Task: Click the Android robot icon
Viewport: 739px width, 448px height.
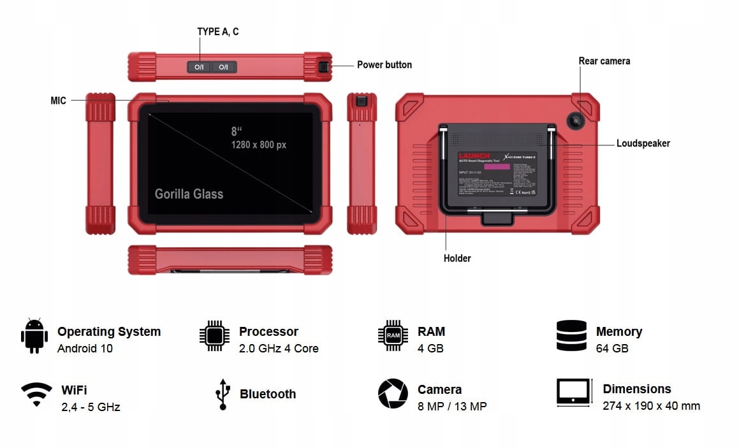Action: pyautogui.click(x=34, y=335)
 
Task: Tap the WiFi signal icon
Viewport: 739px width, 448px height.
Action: pyautogui.click(x=36, y=394)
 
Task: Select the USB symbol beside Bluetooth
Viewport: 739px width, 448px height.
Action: pyautogui.click(x=222, y=394)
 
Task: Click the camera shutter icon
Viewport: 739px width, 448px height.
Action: pyautogui.click(x=393, y=393)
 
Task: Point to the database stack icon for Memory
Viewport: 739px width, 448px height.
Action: pyautogui.click(x=571, y=335)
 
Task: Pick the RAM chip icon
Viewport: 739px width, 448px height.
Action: pyautogui.click(x=393, y=335)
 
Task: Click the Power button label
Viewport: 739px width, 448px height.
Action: pyautogui.click(x=384, y=65)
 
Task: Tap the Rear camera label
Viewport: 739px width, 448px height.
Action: pyautogui.click(x=604, y=61)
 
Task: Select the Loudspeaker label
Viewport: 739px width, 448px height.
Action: pyautogui.click(x=643, y=143)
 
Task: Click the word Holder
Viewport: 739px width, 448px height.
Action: pyautogui.click(x=457, y=258)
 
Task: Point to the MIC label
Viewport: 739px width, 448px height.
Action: pyautogui.click(x=58, y=101)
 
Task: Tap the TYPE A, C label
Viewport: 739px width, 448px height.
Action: pyautogui.click(x=218, y=32)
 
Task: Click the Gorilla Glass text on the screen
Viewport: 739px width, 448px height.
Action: pyautogui.click(x=189, y=194)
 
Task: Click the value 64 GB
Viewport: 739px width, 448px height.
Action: pyautogui.click(x=612, y=349)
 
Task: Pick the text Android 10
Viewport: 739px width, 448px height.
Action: pyautogui.click(x=85, y=349)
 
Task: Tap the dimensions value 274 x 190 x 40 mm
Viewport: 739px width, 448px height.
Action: pyautogui.click(x=651, y=406)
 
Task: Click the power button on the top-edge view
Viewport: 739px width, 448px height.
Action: pyautogui.click(x=324, y=67)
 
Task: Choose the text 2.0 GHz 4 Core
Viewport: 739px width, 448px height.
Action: pyautogui.click(x=278, y=349)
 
